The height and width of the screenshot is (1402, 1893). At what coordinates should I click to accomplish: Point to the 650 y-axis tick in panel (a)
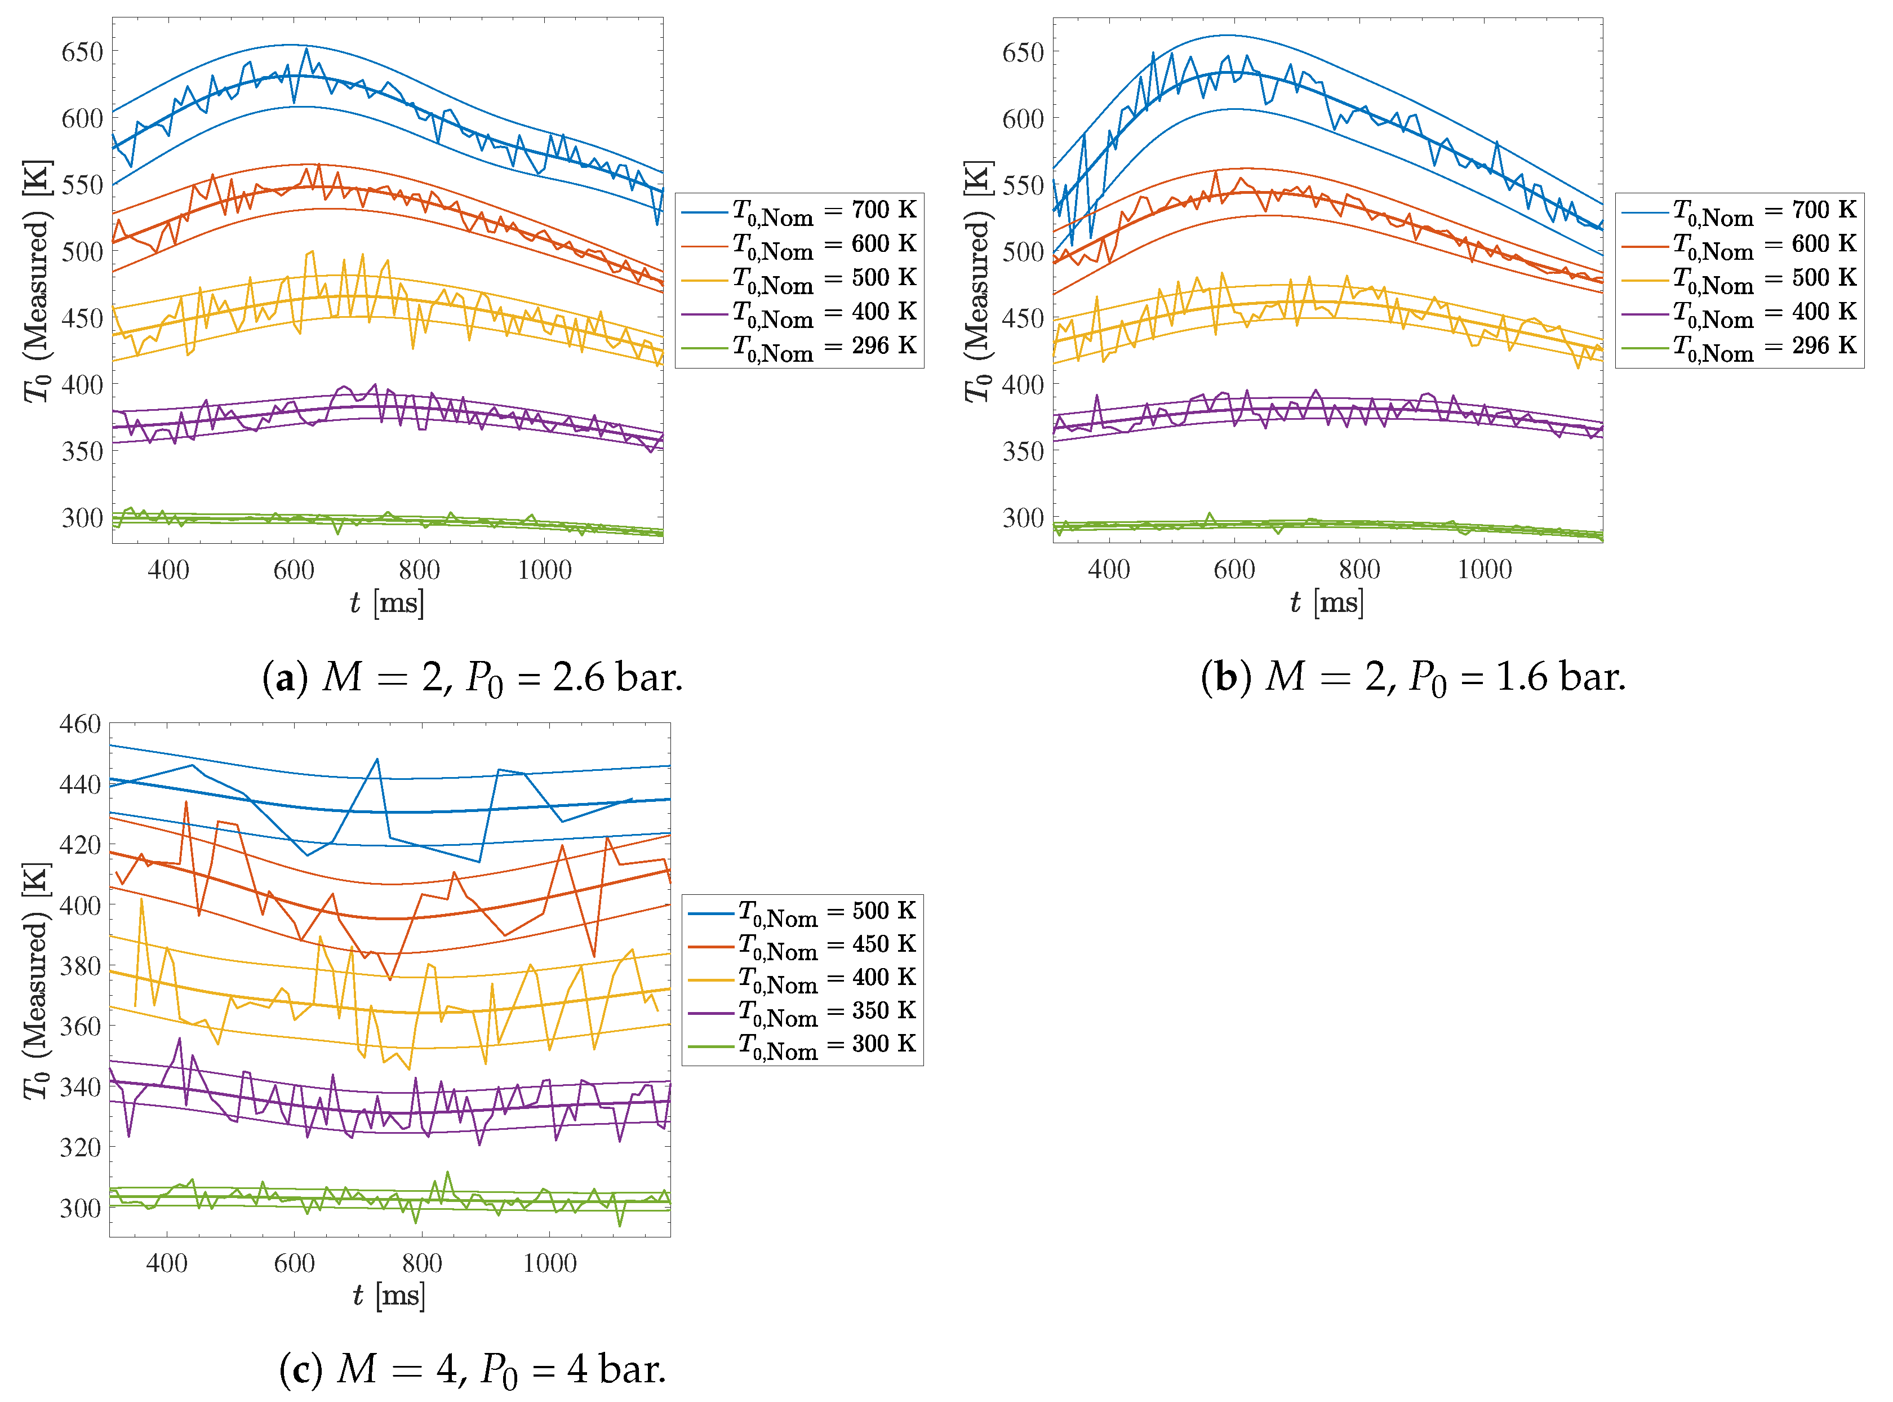[x=82, y=52]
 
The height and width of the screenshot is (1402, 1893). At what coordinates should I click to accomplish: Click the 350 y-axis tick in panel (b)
[x=1023, y=451]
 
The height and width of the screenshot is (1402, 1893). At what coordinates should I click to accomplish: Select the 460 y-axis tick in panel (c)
[x=81, y=725]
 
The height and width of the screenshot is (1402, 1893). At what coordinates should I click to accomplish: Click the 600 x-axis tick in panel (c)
[x=295, y=1264]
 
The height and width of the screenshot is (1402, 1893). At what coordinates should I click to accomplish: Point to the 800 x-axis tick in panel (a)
[x=419, y=570]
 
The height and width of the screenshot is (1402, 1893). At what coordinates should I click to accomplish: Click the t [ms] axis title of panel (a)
[x=387, y=604]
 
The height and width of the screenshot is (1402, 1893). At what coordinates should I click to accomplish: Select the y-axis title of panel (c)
[x=35, y=982]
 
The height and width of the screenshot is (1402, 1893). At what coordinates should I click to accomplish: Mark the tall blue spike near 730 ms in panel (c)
[x=377, y=760]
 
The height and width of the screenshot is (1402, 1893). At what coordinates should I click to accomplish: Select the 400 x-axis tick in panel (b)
[x=1108, y=570]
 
